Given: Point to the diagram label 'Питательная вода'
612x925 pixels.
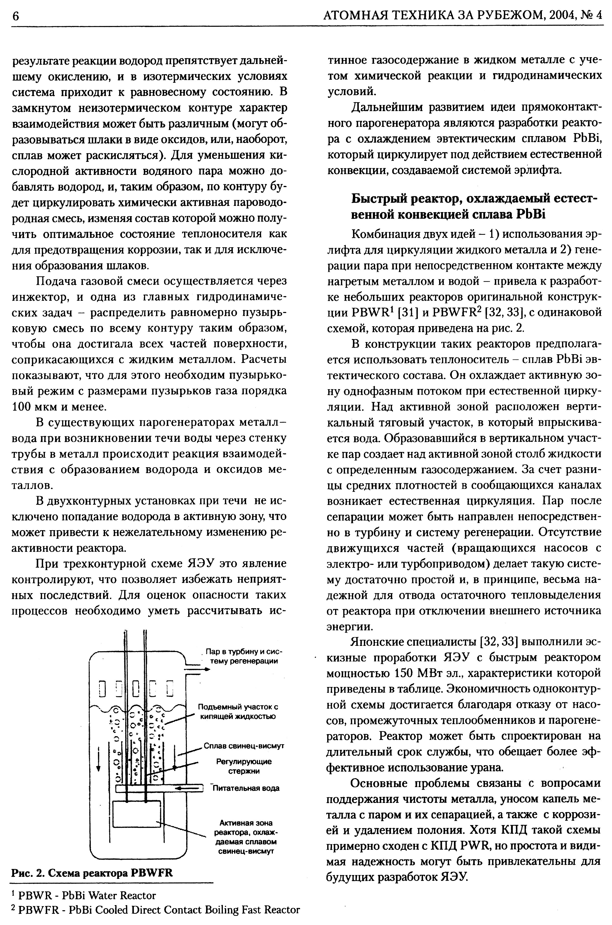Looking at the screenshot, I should click(246, 788).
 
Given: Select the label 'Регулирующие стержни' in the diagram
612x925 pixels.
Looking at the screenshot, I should click(244, 766).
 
